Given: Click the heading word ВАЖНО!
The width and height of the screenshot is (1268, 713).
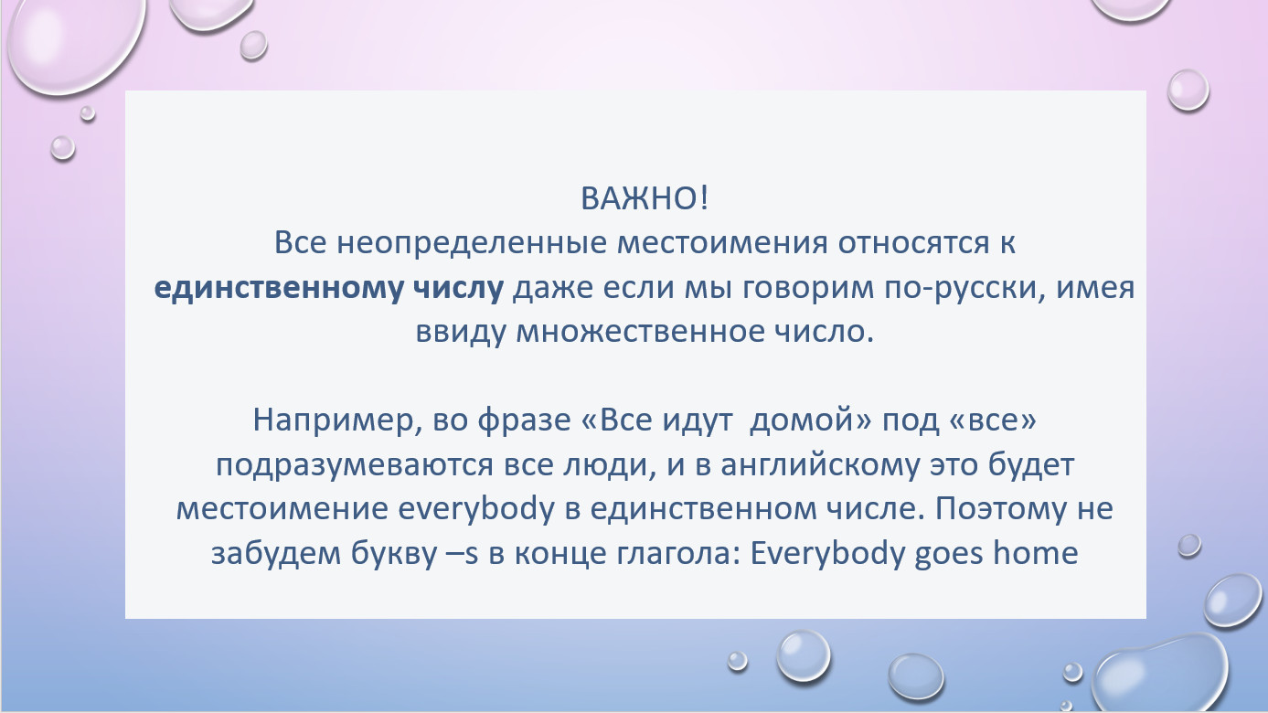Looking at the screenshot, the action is [645, 198].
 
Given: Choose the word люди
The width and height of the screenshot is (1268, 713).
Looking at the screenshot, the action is [610, 465].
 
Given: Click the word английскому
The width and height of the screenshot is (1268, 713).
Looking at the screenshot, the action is [821, 465].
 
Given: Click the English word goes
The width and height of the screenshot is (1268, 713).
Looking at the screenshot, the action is [949, 556].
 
